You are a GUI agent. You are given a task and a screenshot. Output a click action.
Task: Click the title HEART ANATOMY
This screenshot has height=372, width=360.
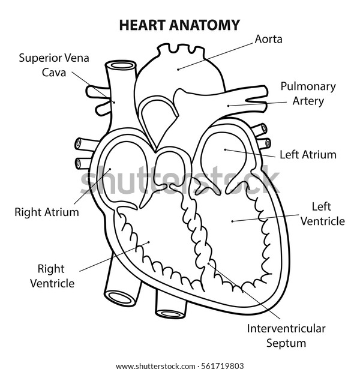(x=179, y=25)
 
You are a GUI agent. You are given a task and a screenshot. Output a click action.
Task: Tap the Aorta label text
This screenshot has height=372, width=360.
(x=268, y=39)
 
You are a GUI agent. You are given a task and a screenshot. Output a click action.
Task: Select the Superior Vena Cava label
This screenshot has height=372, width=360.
(x=54, y=65)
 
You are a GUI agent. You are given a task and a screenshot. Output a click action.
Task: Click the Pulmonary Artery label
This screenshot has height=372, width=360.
(x=308, y=94)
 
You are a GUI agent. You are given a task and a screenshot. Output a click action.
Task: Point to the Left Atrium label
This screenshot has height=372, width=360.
(x=308, y=154)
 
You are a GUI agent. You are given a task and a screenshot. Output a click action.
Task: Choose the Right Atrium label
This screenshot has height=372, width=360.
(x=47, y=212)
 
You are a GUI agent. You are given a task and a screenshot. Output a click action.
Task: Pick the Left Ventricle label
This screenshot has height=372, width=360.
(x=323, y=214)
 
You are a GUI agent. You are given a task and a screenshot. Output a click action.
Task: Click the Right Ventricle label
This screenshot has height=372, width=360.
(x=52, y=276)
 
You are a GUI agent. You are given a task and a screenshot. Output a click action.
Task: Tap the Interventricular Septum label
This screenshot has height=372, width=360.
(x=286, y=336)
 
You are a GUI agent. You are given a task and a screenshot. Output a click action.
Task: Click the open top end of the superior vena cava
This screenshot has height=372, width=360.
(x=121, y=65)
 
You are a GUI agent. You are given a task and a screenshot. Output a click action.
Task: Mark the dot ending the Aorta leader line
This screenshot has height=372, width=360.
(x=178, y=70)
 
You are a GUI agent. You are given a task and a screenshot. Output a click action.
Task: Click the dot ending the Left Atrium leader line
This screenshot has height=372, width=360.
(x=225, y=150)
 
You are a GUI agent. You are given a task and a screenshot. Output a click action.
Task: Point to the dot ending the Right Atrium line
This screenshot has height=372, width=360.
(x=110, y=169)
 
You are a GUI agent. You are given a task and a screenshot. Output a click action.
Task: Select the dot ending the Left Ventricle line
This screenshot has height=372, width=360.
(x=232, y=221)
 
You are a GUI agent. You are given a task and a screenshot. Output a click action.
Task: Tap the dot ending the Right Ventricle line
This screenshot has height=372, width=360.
(x=149, y=242)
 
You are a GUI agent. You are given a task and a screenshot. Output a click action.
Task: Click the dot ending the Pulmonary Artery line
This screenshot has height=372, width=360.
(x=228, y=106)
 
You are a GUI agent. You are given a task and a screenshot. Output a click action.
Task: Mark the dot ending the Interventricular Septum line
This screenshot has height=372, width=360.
(x=209, y=263)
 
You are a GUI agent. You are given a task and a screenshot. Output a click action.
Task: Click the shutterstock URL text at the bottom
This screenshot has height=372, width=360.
(x=155, y=366)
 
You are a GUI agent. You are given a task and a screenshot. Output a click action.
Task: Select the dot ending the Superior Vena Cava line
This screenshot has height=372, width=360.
(x=114, y=102)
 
